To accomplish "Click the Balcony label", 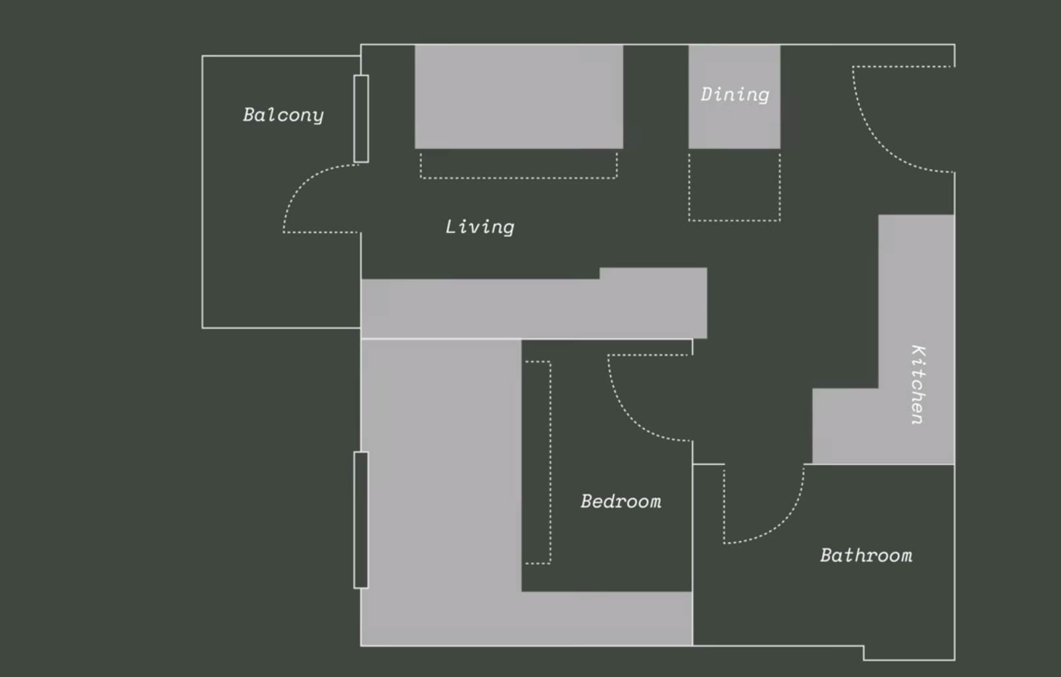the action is tap(283, 115).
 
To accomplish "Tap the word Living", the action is tap(480, 227).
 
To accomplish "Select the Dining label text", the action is tap(735, 95).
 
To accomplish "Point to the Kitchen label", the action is tap(918, 385).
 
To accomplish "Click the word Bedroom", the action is tap(621, 502).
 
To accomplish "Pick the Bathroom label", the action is tap(866, 556).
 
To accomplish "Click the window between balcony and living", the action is tap(361, 119).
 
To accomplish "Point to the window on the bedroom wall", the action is tap(361, 520).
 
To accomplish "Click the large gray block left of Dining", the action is tap(519, 97).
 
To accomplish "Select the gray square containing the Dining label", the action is tap(734, 97).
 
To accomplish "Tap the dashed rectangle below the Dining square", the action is tap(734, 185).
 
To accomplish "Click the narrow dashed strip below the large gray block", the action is tap(519, 165).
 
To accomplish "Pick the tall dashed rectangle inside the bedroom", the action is tap(538, 462).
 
